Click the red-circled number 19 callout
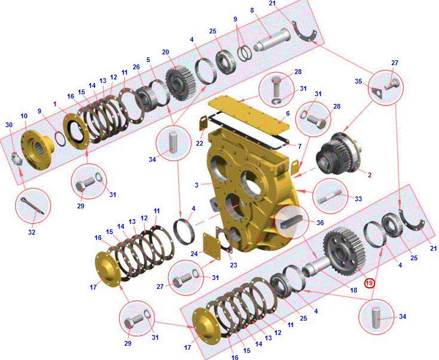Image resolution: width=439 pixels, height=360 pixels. pos(369,283)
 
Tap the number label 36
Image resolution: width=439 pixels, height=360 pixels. pos(320,223)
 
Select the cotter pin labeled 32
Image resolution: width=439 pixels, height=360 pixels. pos(32,205)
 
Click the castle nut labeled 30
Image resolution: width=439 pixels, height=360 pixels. pos(17,159)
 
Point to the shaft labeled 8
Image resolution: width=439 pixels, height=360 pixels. pos(272,40)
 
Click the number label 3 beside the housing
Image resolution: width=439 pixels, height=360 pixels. pos(197,185)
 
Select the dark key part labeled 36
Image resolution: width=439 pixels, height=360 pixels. pos(290,222)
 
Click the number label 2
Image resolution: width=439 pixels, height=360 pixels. pos(370,175)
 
